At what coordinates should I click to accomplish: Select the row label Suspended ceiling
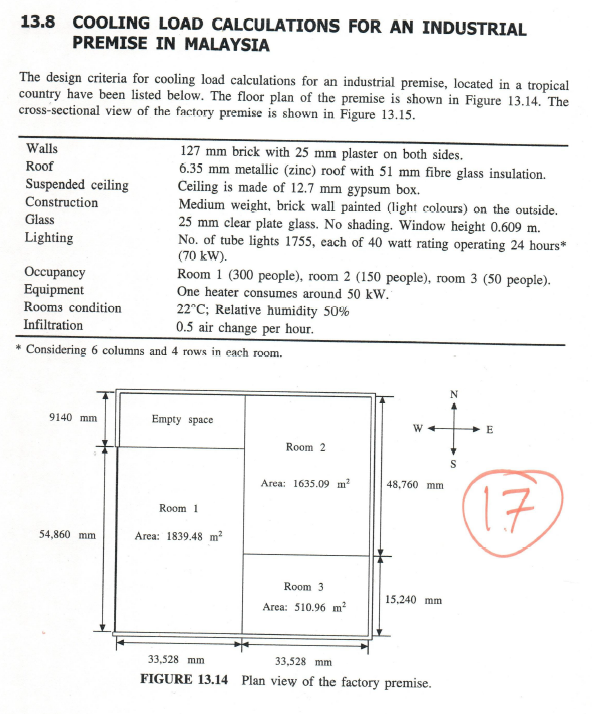76,185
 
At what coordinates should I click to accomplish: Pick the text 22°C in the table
194,309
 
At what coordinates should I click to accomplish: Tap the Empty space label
182,419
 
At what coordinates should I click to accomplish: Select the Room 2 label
305,447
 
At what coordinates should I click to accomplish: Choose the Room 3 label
304,587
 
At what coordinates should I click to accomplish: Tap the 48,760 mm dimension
414,486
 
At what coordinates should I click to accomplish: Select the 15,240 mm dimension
414,600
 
